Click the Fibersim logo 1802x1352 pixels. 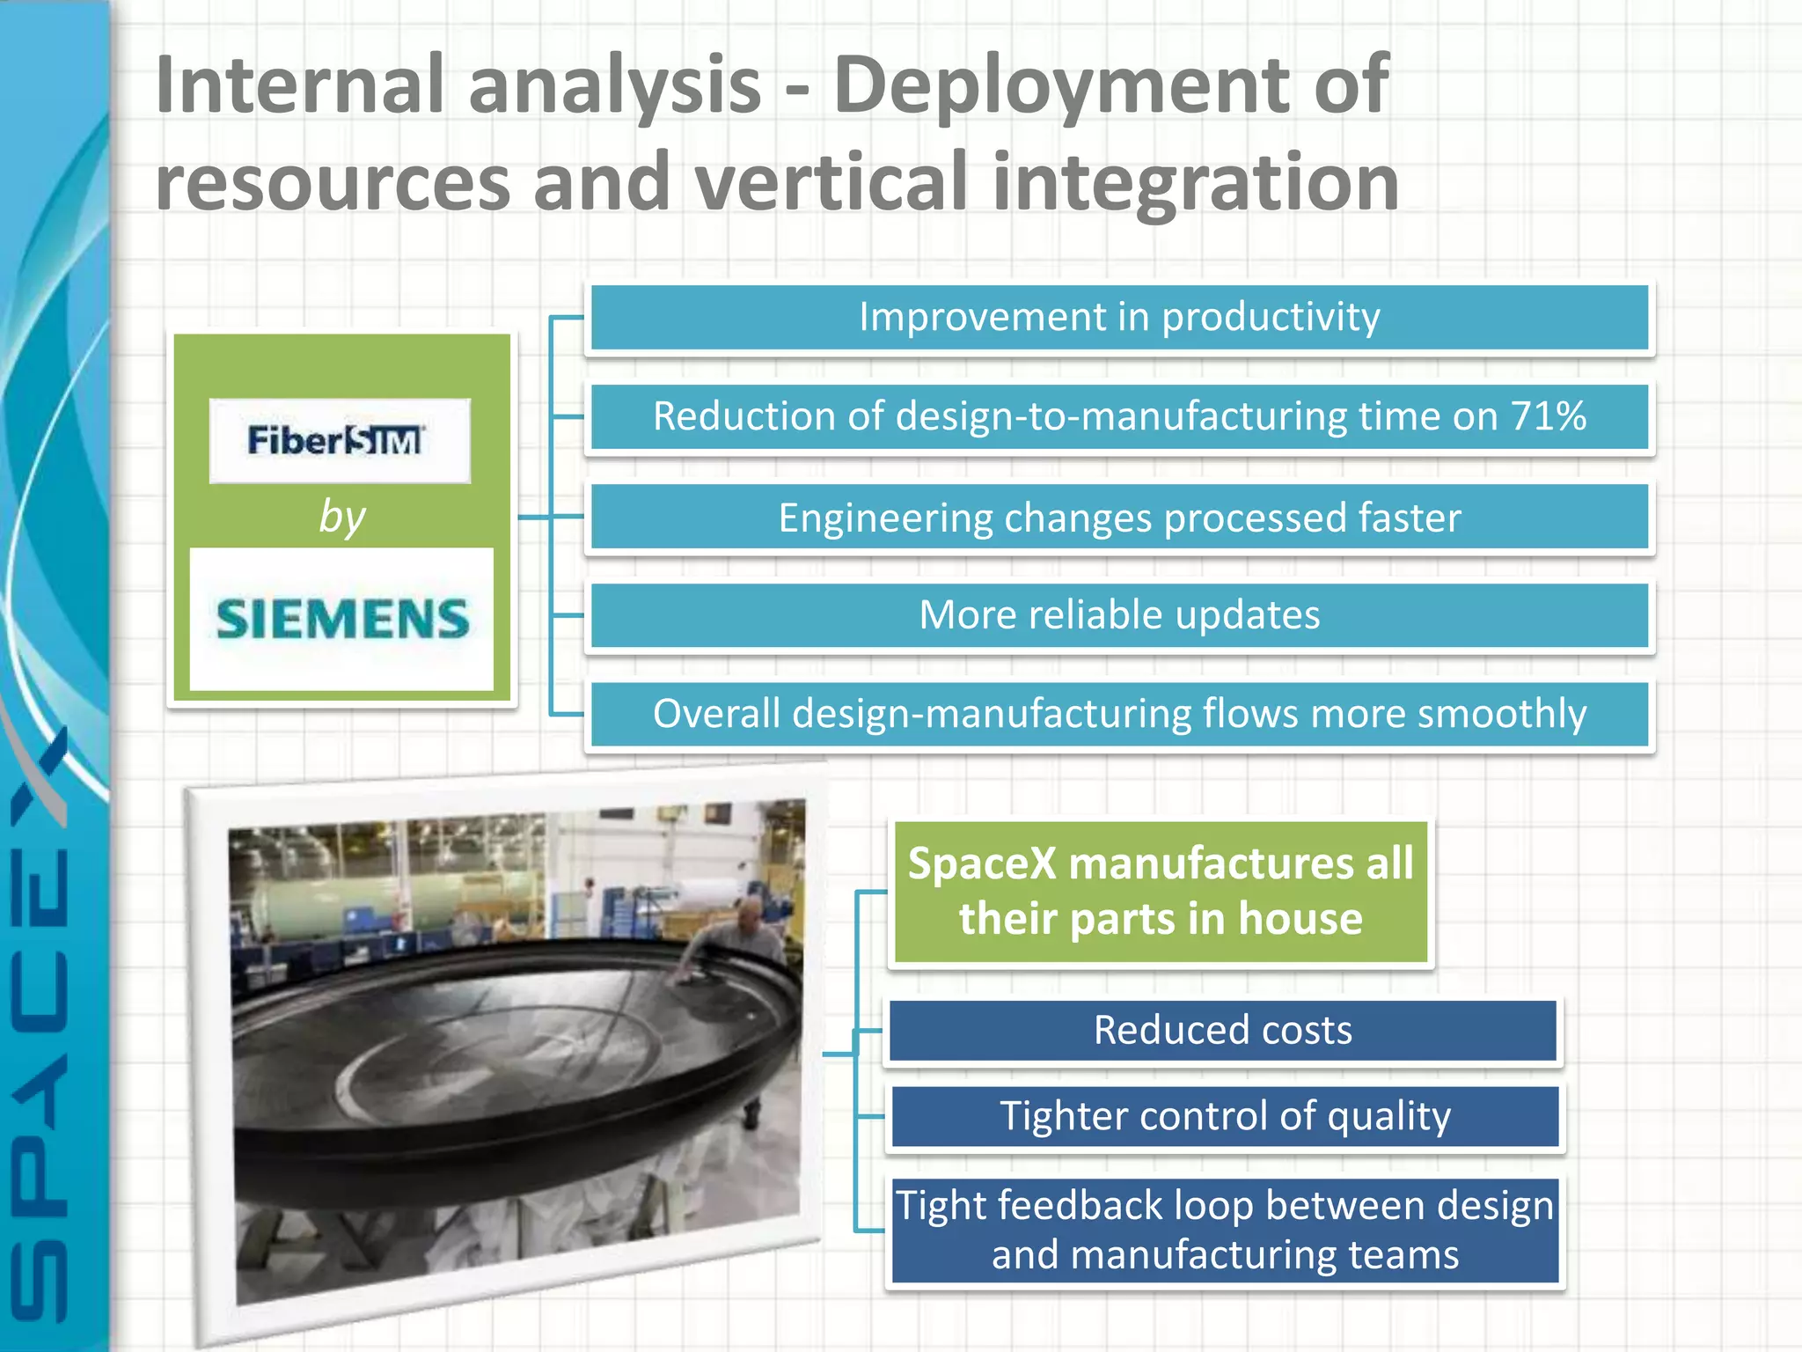click(x=339, y=440)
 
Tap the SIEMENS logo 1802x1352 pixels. click(x=342, y=619)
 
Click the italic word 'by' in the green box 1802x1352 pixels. click(x=341, y=516)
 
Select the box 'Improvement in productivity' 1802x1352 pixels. click(x=1119, y=318)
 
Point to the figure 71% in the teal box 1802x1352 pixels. click(x=1549, y=416)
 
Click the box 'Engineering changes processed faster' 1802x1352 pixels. click(x=1119, y=518)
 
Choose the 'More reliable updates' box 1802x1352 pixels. click(x=1119, y=615)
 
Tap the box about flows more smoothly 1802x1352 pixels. click(x=1119, y=714)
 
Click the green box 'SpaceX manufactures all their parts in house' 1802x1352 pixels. click(x=1160, y=892)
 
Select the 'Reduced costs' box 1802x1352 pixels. click(x=1223, y=1031)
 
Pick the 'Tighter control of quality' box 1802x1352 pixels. click(x=1225, y=1116)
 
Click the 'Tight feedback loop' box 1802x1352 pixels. click(x=1225, y=1231)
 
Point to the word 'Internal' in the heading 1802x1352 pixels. click(x=299, y=85)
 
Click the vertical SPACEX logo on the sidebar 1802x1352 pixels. click(x=40, y=1021)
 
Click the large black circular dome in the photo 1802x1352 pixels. click(x=493, y=1047)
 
